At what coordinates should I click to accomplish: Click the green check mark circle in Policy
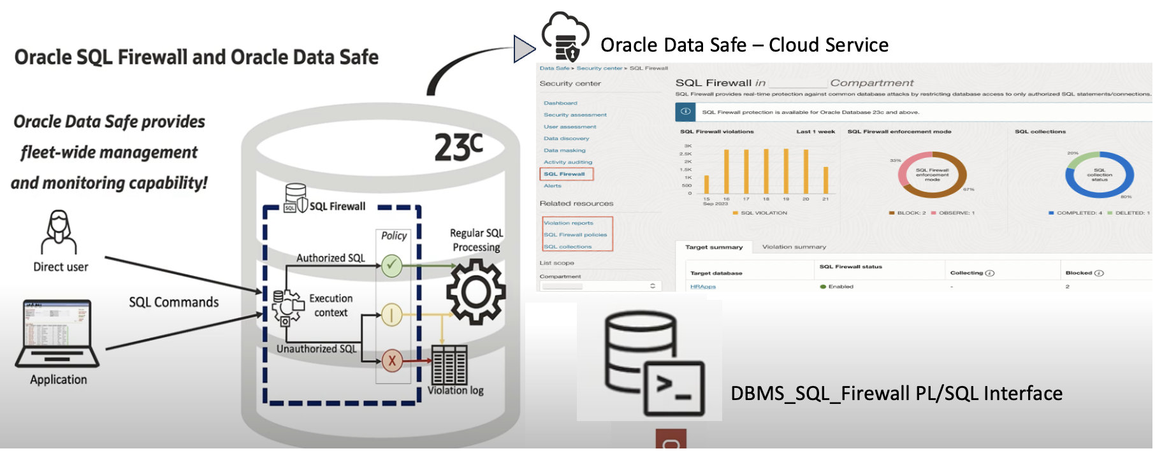coord(391,266)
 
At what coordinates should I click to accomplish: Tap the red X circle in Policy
coord(392,361)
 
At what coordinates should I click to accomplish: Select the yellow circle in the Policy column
coord(391,314)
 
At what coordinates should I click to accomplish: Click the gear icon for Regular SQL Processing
coord(476,292)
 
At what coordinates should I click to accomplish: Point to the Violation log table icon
coord(449,365)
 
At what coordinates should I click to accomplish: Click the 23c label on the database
coord(458,147)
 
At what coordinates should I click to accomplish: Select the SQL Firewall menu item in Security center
coord(564,174)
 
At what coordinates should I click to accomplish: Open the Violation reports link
coord(569,223)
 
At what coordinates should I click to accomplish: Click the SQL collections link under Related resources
coord(568,247)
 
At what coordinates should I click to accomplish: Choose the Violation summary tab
coord(794,247)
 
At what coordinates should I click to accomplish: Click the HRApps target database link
coord(703,287)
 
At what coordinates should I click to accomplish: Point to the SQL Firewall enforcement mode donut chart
coord(932,175)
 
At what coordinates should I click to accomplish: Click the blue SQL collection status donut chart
coord(1099,175)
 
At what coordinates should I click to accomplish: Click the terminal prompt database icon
coord(653,362)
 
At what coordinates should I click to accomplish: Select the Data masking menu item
coord(564,150)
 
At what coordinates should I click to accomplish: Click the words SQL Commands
coord(173,302)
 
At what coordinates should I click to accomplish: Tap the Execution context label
coord(331,305)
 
